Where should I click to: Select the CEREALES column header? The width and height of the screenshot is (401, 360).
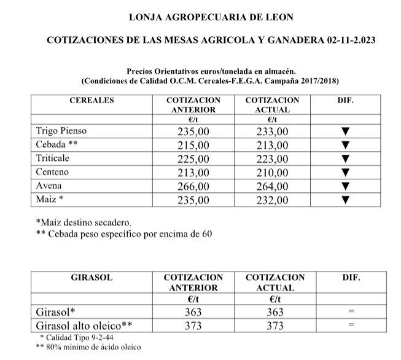pyautogui.click(x=93, y=101)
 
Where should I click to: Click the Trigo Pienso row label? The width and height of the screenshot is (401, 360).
pyautogui.click(x=63, y=131)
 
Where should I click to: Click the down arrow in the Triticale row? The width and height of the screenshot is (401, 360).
pyautogui.click(x=345, y=158)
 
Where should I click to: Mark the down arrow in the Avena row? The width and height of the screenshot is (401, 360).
pyautogui.click(x=345, y=186)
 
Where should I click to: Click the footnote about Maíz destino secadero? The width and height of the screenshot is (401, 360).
pyautogui.click(x=84, y=222)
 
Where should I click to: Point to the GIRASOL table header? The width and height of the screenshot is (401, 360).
pyautogui.click(x=93, y=278)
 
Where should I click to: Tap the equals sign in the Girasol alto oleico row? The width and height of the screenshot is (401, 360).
pyautogui.click(x=351, y=326)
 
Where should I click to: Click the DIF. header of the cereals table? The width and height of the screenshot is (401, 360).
pyautogui.click(x=346, y=101)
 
